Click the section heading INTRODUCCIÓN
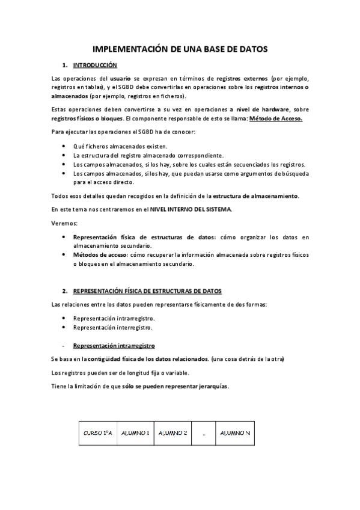point(94,65)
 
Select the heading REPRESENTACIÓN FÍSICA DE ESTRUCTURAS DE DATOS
point(147,291)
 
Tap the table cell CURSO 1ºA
point(97,432)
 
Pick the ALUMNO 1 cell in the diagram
point(135,432)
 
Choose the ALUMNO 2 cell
point(173,432)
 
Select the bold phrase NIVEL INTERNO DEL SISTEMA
point(190,209)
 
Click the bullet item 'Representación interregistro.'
point(112,328)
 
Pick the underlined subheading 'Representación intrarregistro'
point(114,346)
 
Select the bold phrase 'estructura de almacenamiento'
point(255,196)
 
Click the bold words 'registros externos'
point(242,79)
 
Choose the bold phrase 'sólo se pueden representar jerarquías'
point(174,386)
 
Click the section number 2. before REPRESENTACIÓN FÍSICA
point(64,291)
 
